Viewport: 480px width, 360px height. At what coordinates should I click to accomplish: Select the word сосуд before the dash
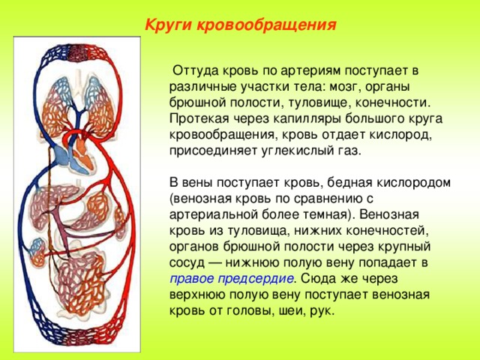187,263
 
